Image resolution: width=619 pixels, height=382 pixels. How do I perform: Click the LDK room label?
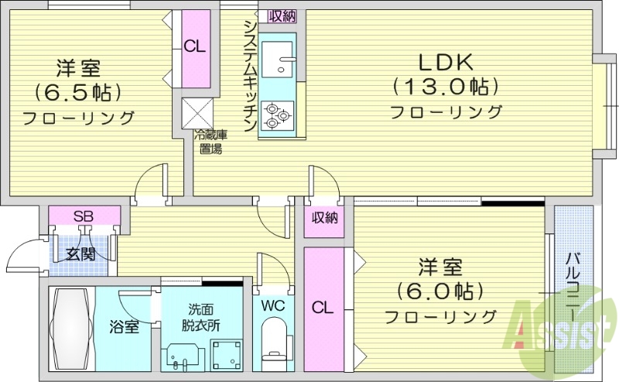point(445,62)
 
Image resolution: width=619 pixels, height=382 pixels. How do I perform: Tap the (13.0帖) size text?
point(445,86)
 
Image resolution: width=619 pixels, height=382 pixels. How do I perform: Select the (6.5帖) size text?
point(77,93)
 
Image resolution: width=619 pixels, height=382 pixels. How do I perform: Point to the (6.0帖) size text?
point(440,292)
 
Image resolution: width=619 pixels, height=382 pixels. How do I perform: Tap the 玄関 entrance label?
point(80,253)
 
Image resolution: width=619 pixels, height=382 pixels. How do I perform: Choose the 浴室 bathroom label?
point(124,327)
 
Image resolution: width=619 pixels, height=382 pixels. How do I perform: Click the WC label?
point(272,305)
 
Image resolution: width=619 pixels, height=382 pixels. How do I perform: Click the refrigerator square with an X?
point(196,113)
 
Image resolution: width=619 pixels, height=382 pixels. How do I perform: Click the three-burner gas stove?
point(276,116)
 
